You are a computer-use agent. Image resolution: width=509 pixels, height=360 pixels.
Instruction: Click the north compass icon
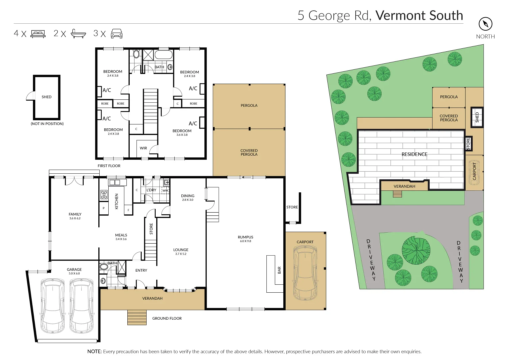click(485, 24)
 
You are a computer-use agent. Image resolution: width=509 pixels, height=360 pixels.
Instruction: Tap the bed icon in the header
click(38, 34)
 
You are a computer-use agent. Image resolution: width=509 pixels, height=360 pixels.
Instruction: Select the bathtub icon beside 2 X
click(78, 34)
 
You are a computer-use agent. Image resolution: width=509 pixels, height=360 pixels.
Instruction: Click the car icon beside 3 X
click(117, 34)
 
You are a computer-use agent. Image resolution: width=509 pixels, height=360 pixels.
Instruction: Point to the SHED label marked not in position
click(47, 97)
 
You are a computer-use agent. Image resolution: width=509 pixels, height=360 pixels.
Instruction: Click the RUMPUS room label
click(246, 237)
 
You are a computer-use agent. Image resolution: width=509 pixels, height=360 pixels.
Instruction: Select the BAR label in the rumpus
click(279, 270)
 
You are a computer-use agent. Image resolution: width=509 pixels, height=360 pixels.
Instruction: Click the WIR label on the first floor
click(143, 148)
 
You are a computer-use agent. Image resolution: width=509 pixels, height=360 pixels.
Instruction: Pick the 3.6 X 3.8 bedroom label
click(182, 133)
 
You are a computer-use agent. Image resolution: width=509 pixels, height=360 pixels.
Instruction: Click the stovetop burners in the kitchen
click(104, 195)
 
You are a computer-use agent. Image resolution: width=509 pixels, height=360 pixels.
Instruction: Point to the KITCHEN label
click(117, 201)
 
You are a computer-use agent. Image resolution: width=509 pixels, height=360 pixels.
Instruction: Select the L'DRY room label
click(151, 190)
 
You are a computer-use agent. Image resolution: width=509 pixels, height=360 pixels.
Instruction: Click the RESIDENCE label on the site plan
click(414, 154)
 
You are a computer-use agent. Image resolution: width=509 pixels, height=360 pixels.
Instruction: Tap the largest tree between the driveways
click(416, 250)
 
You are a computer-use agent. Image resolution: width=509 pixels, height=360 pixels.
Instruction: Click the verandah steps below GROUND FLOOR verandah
click(137, 317)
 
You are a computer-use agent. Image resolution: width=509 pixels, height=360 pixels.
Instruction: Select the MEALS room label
click(121, 235)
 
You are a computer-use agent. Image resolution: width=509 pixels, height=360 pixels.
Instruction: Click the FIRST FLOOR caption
click(109, 166)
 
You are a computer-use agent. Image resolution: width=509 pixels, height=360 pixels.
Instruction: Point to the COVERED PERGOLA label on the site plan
click(449, 118)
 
